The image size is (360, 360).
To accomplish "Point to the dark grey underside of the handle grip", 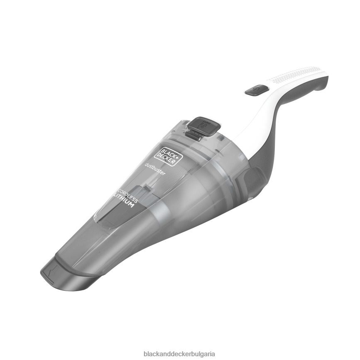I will (307, 89).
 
